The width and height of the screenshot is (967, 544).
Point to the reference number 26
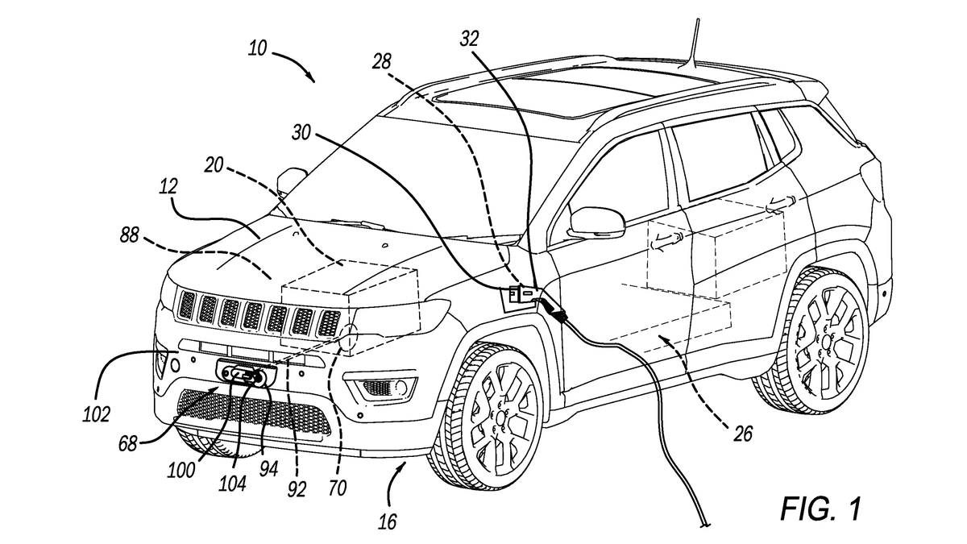[742, 434]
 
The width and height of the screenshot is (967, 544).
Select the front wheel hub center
[500, 420]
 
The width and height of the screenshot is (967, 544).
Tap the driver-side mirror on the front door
[596, 222]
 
